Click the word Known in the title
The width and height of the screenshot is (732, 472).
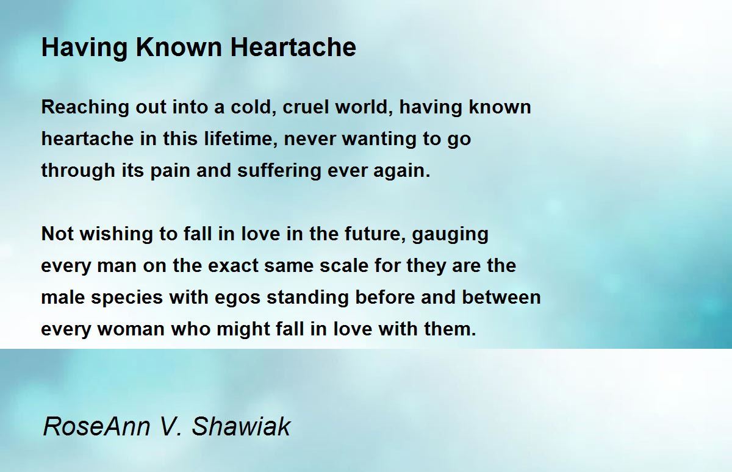tap(178, 48)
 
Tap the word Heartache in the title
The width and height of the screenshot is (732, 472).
tap(293, 48)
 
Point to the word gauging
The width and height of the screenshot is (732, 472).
tap(450, 235)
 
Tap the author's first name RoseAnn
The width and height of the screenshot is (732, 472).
tap(97, 426)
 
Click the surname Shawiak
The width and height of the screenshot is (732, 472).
tap(241, 426)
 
